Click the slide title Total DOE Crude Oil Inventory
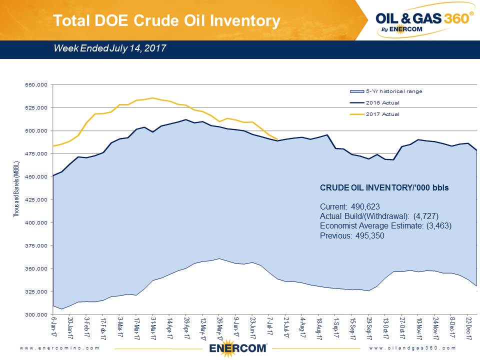click(x=166, y=20)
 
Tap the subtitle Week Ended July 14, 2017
click(x=109, y=48)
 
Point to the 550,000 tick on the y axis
click(x=36, y=85)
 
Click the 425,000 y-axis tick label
click(x=36, y=199)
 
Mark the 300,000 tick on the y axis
click(x=36, y=314)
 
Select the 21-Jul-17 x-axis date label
click(x=286, y=327)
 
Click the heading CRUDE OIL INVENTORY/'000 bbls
click(x=384, y=188)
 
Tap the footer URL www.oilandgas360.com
click(x=413, y=347)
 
